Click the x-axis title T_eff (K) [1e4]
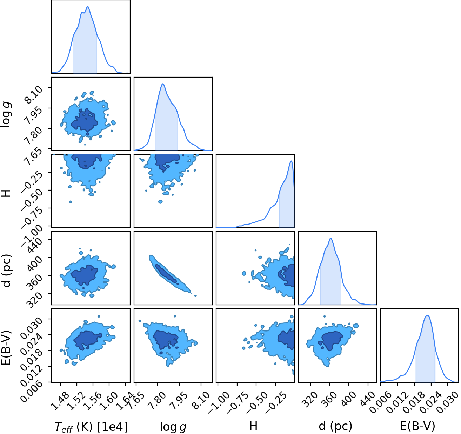(x=91, y=427)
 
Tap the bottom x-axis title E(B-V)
(x=417, y=426)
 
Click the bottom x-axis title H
(x=253, y=426)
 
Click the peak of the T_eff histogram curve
(x=88, y=7)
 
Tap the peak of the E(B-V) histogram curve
(x=427, y=315)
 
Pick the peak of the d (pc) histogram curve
(x=330, y=238)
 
